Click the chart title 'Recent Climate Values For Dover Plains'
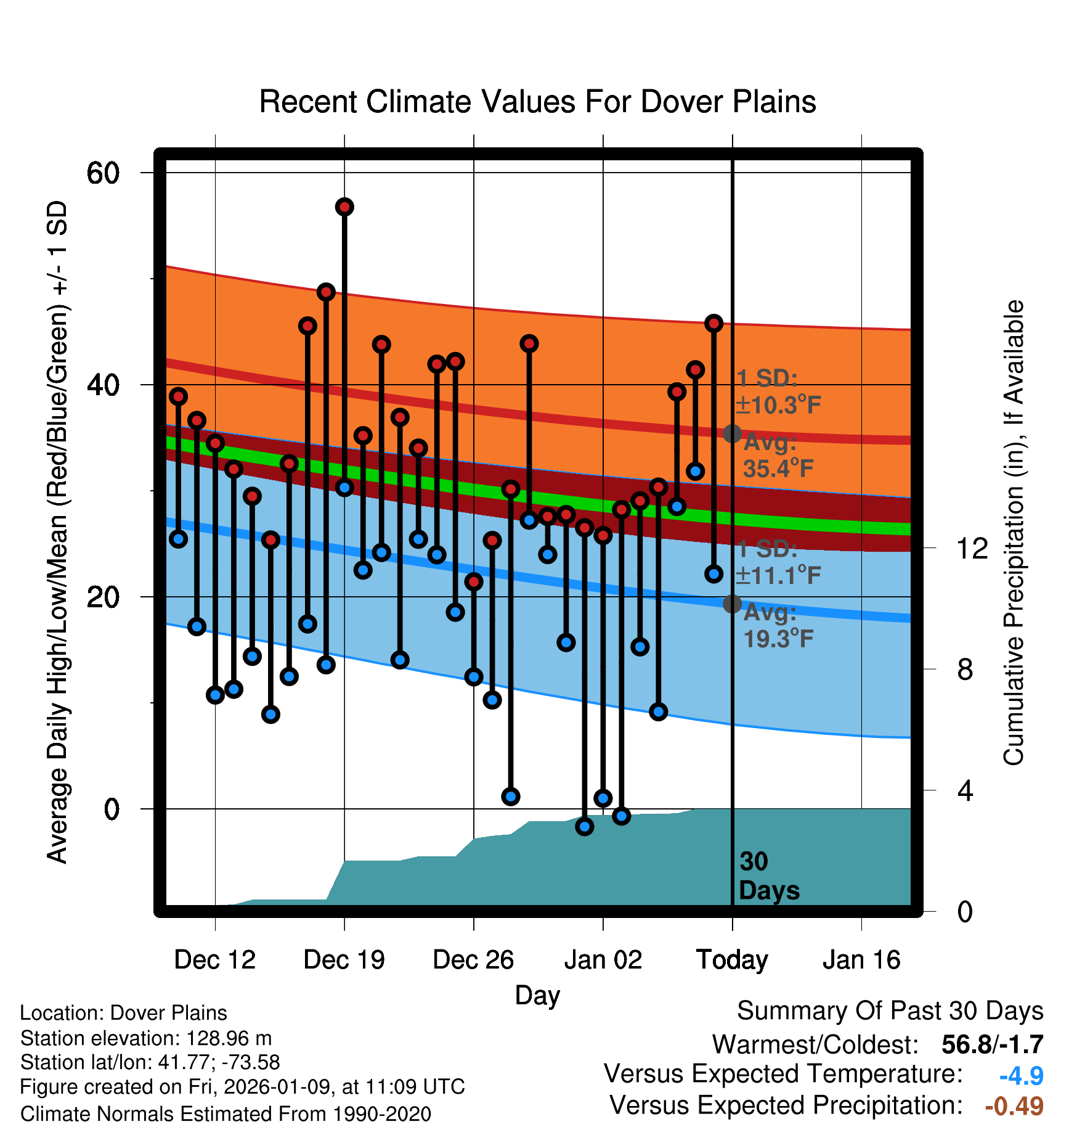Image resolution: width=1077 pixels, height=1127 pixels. tap(537, 102)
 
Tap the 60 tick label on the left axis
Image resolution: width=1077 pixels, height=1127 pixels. tap(103, 173)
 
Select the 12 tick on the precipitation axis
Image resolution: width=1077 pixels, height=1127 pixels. tap(972, 548)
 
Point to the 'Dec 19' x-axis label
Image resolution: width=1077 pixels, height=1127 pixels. tap(344, 960)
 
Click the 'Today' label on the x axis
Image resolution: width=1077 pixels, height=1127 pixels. tap(732, 960)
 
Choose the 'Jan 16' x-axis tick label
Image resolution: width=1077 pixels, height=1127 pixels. tap(861, 960)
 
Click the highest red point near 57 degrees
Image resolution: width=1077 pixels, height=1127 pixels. tap(344, 207)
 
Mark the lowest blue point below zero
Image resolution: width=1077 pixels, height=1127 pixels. tap(585, 826)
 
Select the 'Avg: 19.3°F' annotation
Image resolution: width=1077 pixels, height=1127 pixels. tap(778, 626)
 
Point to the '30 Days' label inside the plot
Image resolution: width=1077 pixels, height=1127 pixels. tap(768, 876)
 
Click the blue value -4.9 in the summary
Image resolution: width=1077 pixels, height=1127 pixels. tap(1021, 1076)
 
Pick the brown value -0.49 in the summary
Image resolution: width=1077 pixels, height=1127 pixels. tap(1014, 1106)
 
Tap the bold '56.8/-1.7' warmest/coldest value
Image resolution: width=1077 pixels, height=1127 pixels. tap(992, 1044)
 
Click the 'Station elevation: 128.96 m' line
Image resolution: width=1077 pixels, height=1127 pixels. tap(146, 1038)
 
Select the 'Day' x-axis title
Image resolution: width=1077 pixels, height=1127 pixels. tap(537, 996)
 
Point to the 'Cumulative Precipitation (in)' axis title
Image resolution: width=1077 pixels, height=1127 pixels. tap(1014, 533)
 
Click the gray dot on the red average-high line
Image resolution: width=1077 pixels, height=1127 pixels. tap(732, 433)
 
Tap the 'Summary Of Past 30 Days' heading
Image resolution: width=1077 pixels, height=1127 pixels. tap(890, 1011)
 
